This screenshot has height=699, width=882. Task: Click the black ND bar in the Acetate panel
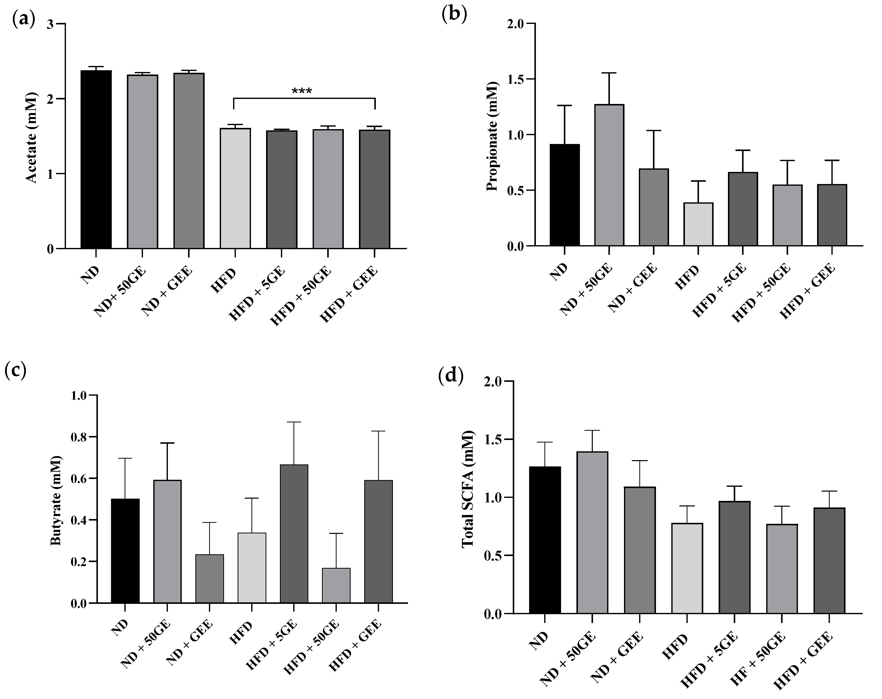(96, 160)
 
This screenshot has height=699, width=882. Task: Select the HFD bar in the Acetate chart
(235, 188)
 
